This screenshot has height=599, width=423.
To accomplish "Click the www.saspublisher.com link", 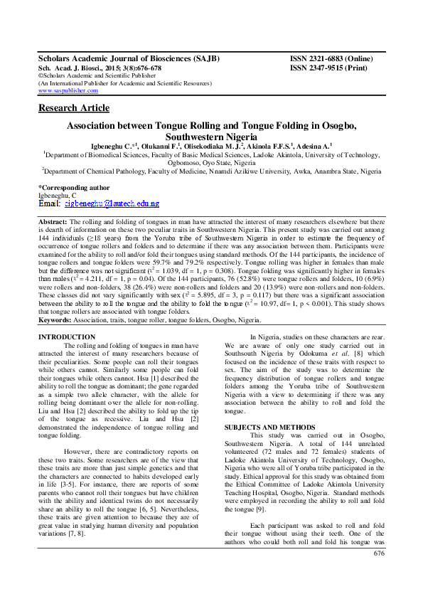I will [68, 91].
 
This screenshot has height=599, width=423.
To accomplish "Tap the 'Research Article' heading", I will [74, 108].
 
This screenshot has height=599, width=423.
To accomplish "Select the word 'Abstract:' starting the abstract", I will [53, 222].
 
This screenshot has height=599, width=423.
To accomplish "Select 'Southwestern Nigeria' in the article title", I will [212, 136].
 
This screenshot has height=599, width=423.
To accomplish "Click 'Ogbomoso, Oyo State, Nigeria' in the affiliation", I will [211, 162].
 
